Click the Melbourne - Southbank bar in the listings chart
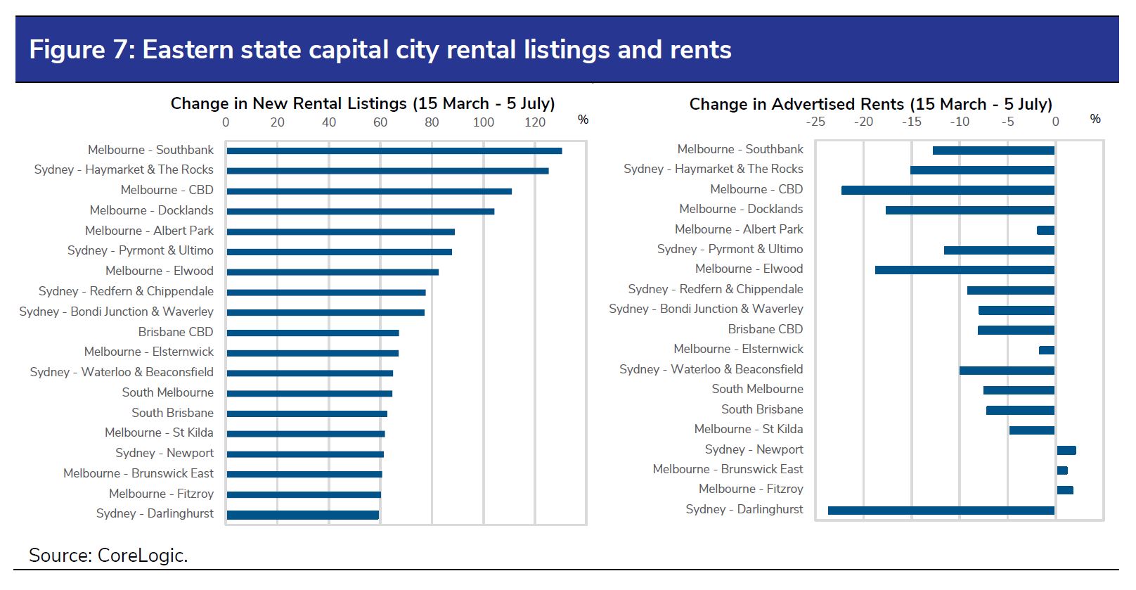click(394, 150)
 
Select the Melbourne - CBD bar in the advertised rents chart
click(948, 190)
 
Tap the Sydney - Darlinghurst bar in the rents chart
click(941, 511)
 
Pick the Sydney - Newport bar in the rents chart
click(1066, 450)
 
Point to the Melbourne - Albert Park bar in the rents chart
click(1045, 231)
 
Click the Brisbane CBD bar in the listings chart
click(313, 333)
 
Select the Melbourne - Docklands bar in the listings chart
click(360, 211)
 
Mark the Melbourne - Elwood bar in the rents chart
click(964, 270)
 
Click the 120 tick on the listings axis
click(535, 122)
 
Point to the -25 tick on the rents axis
click(815, 122)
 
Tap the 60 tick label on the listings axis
click(380, 122)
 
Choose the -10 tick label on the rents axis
click(960, 122)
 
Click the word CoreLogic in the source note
click(142, 556)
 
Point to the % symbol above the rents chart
click(1095, 119)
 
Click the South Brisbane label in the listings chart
click(172, 413)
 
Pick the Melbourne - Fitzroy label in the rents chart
click(751, 489)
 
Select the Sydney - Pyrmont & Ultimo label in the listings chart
click(141, 250)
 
